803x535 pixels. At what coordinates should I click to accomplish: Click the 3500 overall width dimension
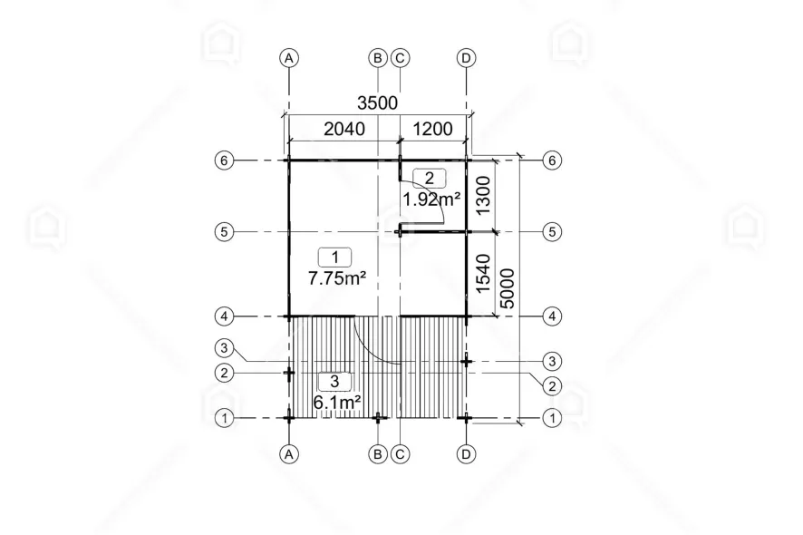[x=377, y=103]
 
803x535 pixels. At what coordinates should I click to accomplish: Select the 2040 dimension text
[x=344, y=129]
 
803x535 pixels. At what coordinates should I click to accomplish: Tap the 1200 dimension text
[x=432, y=129]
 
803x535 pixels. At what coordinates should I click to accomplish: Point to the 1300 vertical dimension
[x=483, y=195]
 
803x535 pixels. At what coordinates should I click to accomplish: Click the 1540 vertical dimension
[x=483, y=274]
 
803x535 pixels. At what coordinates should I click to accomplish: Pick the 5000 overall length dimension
[x=507, y=288]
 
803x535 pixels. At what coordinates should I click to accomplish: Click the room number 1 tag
[x=335, y=258]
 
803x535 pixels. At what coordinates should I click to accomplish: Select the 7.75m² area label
[x=336, y=277]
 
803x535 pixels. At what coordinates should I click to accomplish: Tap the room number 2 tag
[x=430, y=179]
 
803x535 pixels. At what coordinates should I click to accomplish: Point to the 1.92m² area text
[x=431, y=199]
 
